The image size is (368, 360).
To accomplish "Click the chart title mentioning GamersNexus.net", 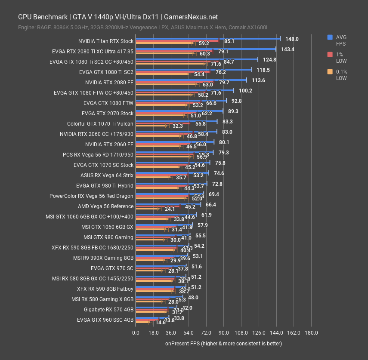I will tap(118, 17).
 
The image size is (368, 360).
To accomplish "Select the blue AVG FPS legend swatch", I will tap(330, 37).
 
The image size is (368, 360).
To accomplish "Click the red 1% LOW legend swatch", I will tap(330, 55).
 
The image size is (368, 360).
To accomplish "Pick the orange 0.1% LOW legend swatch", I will tap(330, 72).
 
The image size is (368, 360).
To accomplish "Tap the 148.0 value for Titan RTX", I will tap(292, 39).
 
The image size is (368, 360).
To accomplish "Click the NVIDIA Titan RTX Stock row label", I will tap(106, 41).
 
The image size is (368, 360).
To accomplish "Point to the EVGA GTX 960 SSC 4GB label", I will tap(105, 320).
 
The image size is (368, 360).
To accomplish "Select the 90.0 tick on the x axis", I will tap(223, 332).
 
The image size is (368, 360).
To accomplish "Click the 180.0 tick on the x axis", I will tap(311, 332).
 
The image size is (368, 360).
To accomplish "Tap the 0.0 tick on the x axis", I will tap(136, 332).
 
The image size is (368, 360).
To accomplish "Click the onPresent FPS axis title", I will tap(223, 344).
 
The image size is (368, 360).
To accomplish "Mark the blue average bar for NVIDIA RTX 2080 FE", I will tap(191, 80).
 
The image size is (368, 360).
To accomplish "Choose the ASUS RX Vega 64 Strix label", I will tap(107, 175).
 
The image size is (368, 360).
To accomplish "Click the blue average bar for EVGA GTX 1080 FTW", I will tap(181, 101).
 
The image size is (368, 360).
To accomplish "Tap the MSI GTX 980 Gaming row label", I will tap(108, 237).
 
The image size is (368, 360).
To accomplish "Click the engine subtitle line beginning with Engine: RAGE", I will tap(142, 28).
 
